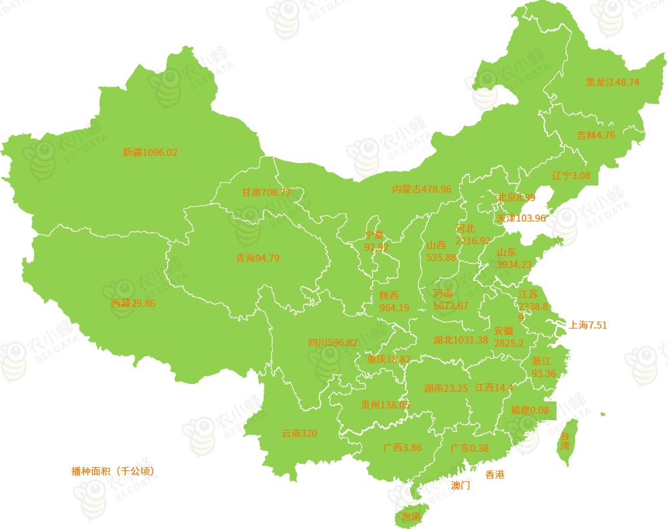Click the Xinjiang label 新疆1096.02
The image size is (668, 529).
150,153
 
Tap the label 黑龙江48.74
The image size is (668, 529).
612,82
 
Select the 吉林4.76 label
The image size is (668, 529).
596,135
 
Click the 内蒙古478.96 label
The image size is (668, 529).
422,189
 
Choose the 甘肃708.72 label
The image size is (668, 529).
266,193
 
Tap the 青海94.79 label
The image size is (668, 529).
257,258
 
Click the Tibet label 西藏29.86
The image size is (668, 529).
133,303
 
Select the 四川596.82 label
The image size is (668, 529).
332,343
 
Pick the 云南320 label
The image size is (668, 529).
299,434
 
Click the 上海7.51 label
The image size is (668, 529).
587,325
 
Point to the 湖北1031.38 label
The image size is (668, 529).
460,340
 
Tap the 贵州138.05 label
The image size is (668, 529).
385,405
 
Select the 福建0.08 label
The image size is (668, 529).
529,410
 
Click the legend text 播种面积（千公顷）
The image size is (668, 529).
113,471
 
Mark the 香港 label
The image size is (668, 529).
495,475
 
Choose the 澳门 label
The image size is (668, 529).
460,486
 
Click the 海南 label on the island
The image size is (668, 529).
411,517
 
